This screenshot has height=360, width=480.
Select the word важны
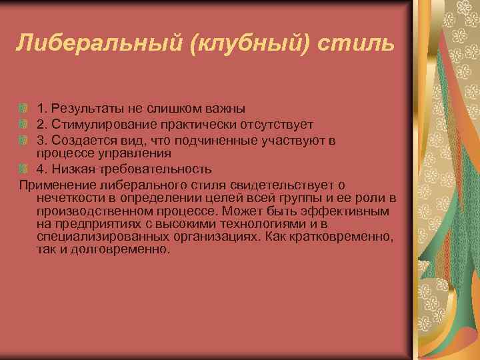click(x=223, y=109)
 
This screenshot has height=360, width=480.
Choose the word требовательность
click(x=147, y=169)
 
